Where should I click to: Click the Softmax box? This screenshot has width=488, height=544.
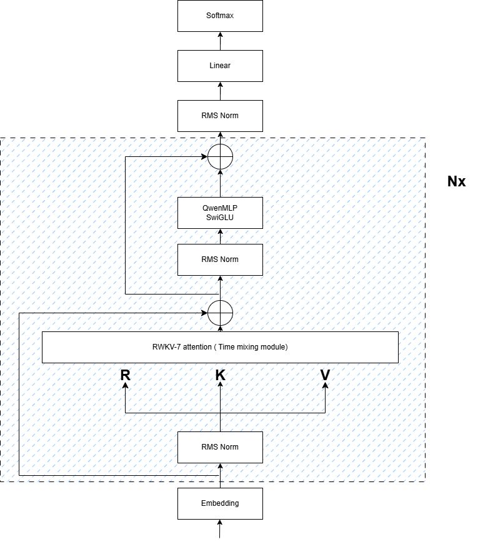tap(220, 16)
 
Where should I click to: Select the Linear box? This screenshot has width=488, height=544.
tap(220, 66)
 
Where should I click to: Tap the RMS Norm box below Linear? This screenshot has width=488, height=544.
tap(220, 116)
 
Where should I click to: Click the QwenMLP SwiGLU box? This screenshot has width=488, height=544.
tap(220, 213)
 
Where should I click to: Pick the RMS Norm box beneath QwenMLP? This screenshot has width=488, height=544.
tap(220, 259)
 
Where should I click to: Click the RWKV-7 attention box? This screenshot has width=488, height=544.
tap(220, 347)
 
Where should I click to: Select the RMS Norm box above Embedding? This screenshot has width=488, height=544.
tap(220, 447)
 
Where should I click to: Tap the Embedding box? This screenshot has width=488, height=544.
tap(220, 503)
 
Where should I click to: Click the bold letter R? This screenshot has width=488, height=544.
tap(126, 375)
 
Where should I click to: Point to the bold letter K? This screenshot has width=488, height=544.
tap(220, 375)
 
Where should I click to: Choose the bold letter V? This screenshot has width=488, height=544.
tap(325, 375)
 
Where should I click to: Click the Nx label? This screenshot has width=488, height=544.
tap(456, 182)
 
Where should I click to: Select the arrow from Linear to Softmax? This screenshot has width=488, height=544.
tap(220, 41)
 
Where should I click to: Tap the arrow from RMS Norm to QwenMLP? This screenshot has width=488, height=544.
tap(220, 236)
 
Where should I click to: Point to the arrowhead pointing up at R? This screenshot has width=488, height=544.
tap(126, 386)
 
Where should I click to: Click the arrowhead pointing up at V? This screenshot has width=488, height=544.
tap(325, 386)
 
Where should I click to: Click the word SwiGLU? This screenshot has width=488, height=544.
tap(220, 217)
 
